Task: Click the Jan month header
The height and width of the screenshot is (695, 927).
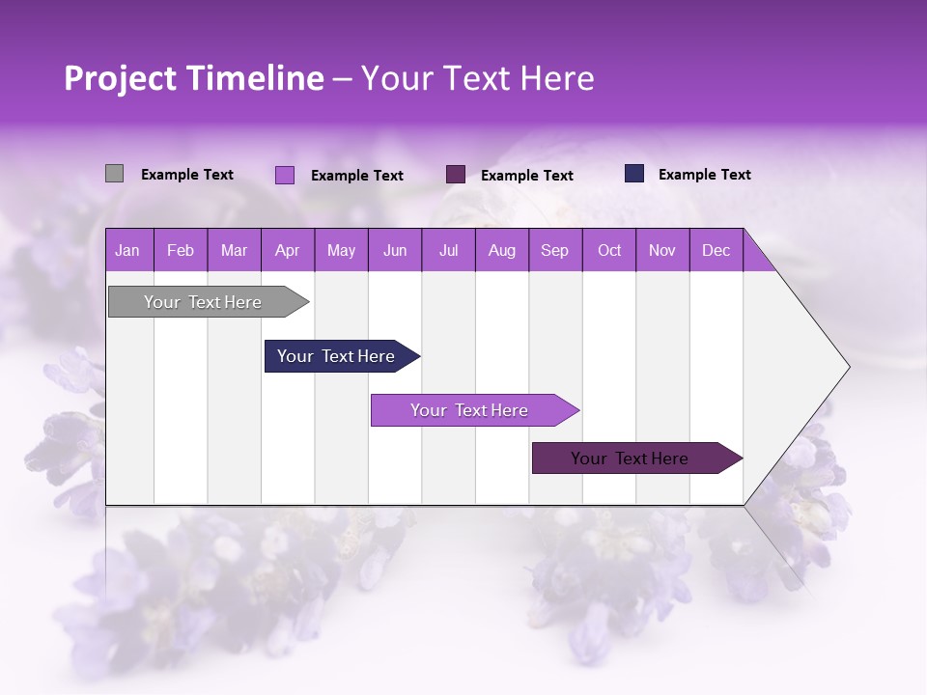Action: click(x=128, y=250)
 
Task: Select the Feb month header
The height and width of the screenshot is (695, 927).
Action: click(x=181, y=250)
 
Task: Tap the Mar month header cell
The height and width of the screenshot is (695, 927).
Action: click(x=234, y=250)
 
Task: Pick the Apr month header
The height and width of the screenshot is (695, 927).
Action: click(x=288, y=250)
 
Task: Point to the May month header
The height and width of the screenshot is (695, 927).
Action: click(x=341, y=250)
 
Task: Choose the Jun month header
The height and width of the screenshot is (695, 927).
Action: click(x=395, y=250)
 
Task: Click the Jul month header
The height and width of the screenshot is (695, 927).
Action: click(x=448, y=250)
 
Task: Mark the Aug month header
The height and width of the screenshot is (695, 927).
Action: click(x=502, y=250)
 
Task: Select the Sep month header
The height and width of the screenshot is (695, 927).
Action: click(x=555, y=250)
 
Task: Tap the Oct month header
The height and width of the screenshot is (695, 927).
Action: click(x=609, y=250)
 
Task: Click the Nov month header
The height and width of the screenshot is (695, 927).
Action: click(x=662, y=250)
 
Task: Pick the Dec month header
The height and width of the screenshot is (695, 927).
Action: click(x=716, y=250)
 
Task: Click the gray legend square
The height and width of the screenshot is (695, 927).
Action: click(x=114, y=174)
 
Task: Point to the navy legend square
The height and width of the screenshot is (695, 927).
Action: click(x=634, y=174)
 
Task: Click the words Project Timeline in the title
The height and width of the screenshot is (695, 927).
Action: click(x=194, y=78)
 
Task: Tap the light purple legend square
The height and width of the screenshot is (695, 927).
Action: click(x=284, y=175)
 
